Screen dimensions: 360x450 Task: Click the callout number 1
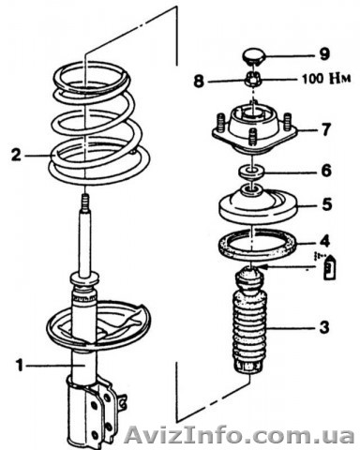click(x=20, y=365)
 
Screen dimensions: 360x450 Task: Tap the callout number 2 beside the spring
click(x=17, y=155)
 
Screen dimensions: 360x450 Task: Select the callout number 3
click(x=325, y=327)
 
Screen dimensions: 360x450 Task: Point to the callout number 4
click(x=325, y=241)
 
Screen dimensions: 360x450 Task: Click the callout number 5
click(x=326, y=204)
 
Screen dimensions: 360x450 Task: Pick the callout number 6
click(x=326, y=171)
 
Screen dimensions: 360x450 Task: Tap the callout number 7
click(x=326, y=129)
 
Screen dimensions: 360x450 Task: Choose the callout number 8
click(x=199, y=82)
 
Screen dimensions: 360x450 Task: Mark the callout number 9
click(x=325, y=54)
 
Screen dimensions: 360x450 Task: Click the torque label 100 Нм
click(x=326, y=79)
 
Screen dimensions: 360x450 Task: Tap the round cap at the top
click(x=254, y=56)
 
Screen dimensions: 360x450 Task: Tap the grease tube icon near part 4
click(x=329, y=267)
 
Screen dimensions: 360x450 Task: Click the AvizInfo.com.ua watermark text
click(x=239, y=435)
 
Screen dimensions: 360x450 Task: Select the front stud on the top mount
click(x=252, y=139)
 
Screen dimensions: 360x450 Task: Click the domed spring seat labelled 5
click(x=257, y=204)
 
